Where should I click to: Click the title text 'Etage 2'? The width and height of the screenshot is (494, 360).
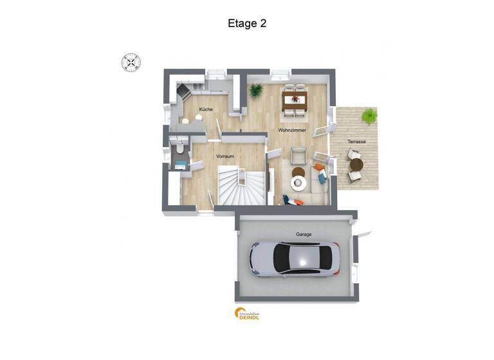[247, 24]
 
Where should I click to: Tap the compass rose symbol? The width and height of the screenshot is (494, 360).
[131, 62]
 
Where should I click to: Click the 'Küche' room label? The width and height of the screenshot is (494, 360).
[206, 109]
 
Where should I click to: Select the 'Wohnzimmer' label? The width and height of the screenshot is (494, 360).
[291, 130]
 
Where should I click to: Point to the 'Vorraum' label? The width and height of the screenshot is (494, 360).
[224, 156]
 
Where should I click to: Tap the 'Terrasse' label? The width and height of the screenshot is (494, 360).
[356, 141]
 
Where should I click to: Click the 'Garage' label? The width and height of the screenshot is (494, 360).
[304, 235]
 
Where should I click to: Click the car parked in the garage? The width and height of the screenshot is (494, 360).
[294, 259]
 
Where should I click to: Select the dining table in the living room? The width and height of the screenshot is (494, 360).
[296, 98]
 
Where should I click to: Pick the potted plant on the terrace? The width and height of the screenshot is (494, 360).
[369, 116]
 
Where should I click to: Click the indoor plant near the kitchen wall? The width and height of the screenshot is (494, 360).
[256, 91]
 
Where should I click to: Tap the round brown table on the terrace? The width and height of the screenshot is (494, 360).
[356, 165]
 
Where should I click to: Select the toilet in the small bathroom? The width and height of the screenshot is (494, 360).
[181, 150]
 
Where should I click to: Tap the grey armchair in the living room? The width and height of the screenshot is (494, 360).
[298, 155]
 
